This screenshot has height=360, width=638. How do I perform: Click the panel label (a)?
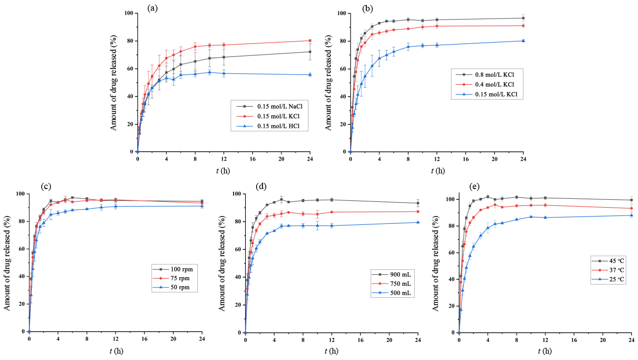tap(153, 8)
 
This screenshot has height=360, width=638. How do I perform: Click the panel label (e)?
tap(474, 187)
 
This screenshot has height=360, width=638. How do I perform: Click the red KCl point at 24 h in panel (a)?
tap(309, 41)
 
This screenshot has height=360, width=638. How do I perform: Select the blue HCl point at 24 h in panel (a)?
tap(309, 74)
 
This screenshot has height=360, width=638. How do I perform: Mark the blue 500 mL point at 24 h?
tap(418, 222)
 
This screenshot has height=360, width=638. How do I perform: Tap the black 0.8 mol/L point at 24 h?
tap(523, 18)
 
